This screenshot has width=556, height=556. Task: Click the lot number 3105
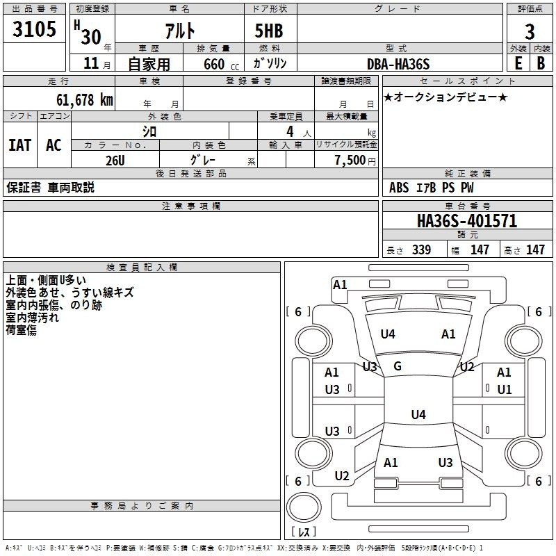click(34, 30)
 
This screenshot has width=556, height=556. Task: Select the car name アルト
click(179, 31)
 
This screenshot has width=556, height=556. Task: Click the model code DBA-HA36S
click(398, 64)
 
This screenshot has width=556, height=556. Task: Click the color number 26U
click(115, 160)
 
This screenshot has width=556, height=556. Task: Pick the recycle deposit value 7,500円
click(354, 160)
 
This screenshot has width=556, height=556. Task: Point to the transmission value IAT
click(20, 145)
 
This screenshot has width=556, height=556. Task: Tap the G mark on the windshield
click(398, 366)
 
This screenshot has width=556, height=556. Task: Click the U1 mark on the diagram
click(504, 389)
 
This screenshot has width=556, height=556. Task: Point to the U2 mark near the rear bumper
click(342, 476)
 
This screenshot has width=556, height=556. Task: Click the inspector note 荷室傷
click(22, 330)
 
